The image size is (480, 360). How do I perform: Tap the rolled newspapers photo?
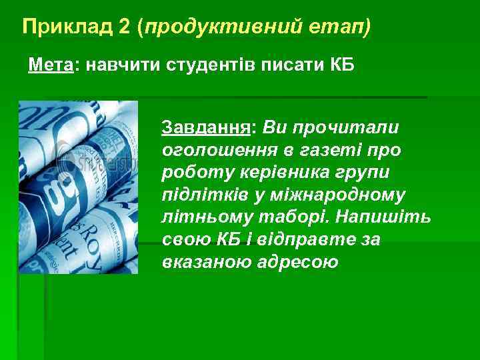(78, 187)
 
